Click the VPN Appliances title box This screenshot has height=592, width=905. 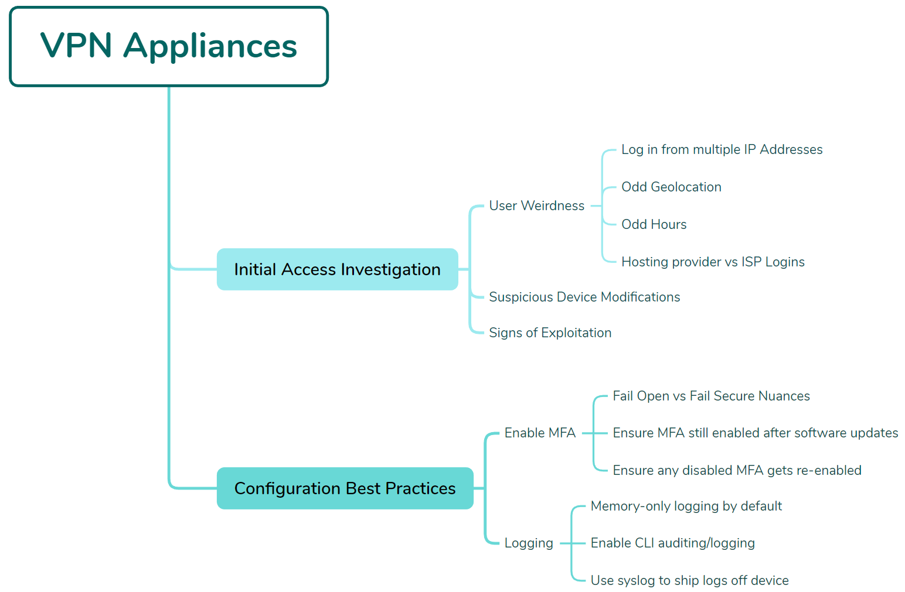tap(169, 47)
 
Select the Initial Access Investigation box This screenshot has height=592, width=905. tap(337, 269)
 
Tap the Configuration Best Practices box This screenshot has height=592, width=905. tap(345, 488)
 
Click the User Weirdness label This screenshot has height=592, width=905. tap(536, 206)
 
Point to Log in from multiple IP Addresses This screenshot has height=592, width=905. tap(722, 150)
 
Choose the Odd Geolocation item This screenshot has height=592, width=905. tap(671, 187)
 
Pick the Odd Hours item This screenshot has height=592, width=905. tap(654, 225)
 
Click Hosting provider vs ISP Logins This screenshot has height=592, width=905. tap(713, 262)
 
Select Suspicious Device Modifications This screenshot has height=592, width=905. tap(584, 297)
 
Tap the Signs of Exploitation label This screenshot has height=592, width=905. tap(550, 333)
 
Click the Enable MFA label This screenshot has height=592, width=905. tap(540, 433)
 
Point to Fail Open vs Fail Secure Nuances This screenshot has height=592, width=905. tap(711, 396)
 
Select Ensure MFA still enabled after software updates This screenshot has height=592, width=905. tap(755, 433)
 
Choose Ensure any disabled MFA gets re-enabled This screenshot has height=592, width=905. tap(737, 471)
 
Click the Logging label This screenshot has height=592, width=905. tap(529, 543)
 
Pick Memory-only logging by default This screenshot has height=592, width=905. tap(686, 507)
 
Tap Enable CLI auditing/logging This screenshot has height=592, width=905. tap(672, 543)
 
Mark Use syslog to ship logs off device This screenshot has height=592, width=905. tap(689, 581)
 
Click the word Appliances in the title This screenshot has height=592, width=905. tap(210, 47)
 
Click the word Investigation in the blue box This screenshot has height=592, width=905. tap(390, 269)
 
